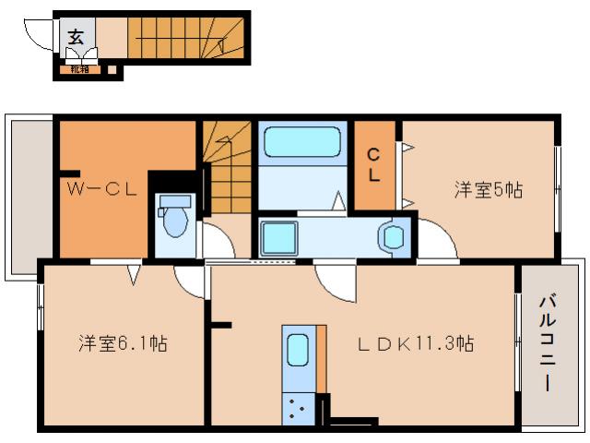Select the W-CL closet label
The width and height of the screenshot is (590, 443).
click(102, 190)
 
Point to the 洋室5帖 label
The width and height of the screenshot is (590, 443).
click(488, 190)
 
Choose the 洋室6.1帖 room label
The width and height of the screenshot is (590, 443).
click(122, 344)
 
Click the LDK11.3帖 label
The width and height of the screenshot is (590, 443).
click(417, 344)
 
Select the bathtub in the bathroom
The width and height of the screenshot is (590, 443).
click(302, 145)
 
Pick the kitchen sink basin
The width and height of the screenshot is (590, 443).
click(297, 351)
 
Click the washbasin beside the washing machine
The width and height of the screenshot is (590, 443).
click(394, 237)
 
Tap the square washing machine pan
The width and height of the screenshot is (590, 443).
click(277, 237)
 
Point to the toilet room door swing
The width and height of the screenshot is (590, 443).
click(218, 243)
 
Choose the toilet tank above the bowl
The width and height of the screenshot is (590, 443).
click(172, 201)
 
